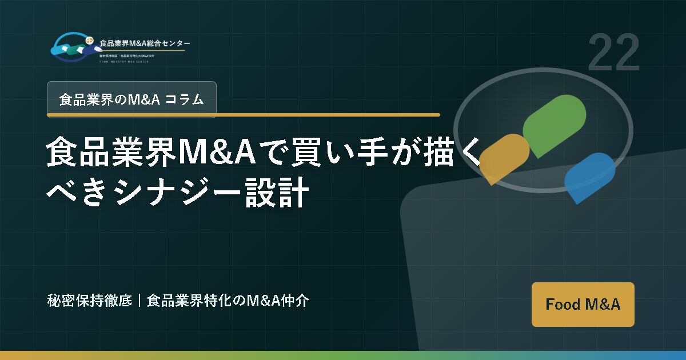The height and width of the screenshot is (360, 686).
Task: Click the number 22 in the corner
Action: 613,53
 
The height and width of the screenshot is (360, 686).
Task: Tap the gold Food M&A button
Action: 583,304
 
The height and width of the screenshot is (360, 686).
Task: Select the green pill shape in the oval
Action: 554,125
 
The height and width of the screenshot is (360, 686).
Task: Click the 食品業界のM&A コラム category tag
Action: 131,99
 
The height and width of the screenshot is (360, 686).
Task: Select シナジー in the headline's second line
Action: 167,194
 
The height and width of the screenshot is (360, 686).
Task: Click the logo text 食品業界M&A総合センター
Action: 145,43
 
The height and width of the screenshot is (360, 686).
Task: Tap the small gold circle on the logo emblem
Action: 89,40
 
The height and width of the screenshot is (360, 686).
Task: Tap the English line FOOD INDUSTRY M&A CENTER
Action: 123,61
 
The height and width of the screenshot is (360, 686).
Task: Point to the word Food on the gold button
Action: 563,304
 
